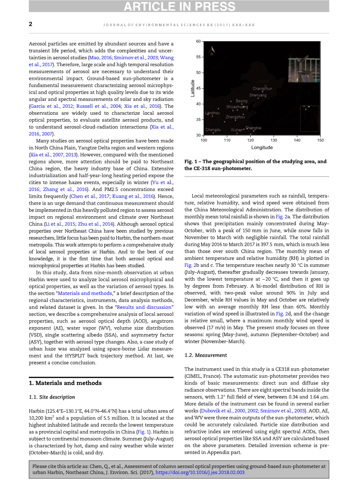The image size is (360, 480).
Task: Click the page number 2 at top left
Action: [31, 24]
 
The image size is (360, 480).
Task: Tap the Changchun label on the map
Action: [262, 89]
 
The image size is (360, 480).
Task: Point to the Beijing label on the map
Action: [241, 101]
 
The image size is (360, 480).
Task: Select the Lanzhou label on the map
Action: [212, 113]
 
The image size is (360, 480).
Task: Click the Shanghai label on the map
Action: [253, 128]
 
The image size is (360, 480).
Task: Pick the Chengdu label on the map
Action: [213, 130]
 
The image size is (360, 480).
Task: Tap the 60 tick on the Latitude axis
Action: [198, 41]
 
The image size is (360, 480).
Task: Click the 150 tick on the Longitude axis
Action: [320, 140]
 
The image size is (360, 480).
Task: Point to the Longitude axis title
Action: [262, 147]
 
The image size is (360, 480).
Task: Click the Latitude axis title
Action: [193, 88]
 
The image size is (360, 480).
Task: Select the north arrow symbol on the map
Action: [211, 51]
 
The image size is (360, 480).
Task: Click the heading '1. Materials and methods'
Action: [65, 383]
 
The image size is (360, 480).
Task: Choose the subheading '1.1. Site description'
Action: [52, 397]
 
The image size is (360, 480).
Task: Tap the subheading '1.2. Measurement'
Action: [205, 355]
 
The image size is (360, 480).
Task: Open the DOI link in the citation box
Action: [200, 473]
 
